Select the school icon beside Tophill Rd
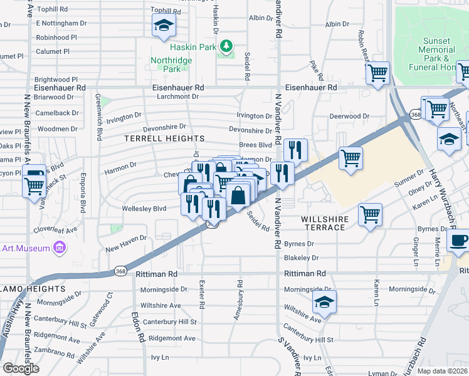pos(164,26)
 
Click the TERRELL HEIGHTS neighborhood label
pos(164,138)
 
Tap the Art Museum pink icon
pos(60,249)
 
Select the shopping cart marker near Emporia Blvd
pos(34,185)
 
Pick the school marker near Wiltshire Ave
pos(324,303)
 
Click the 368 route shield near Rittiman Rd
pos(121,271)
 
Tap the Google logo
pos(21,368)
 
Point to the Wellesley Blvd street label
pos(144,208)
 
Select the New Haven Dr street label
pos(125,243)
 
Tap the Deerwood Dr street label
pos(348,116)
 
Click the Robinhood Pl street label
pos(56,37)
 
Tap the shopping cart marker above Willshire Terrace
pos(371,214)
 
